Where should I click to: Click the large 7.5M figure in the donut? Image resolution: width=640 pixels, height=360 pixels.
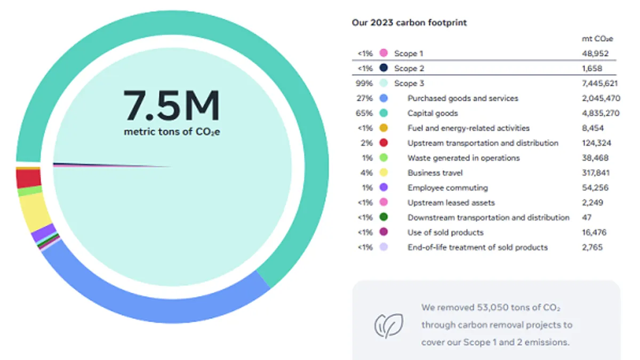tap(172, 106)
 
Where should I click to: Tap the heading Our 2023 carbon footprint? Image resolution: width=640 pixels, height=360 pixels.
tap(409, 22)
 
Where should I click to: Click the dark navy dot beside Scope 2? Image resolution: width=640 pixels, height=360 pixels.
tap(383, 68)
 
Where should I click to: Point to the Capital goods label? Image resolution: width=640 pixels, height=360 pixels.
tap(433, 113)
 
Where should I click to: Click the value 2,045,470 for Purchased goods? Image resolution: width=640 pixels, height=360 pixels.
tap(600, 98)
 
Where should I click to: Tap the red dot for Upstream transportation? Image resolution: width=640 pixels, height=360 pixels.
tap(383, 143)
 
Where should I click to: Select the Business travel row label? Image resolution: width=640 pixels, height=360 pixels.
tap(435, 173)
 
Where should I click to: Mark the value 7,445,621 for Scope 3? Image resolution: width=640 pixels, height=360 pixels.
tap(600, 83)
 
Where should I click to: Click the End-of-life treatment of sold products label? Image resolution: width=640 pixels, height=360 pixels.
tap(477, 247)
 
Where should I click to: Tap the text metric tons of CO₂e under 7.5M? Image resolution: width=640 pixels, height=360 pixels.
tap(172, 132)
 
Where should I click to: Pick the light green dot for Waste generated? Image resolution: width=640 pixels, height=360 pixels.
tap(383, 158)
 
